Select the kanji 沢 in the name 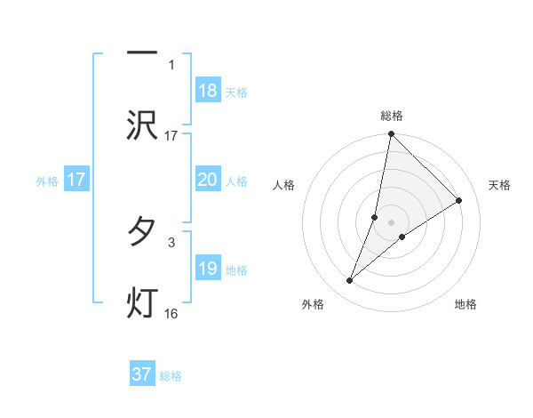pyautogui.click(x=142, y=125)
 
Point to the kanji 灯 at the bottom pyautogui.click(x=142, y=302)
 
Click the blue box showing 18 pyautogui.click(x=208, y=91)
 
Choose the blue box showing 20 pyautogui.click(x=208, y=180)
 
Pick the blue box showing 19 pyautogui.click(x=208, y=269)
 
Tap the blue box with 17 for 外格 pyautogui.click(x=76, y=180)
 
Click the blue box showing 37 pyautogui.click(x=142, y=374)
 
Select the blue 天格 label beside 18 pyautogui.click(x=236, y=92)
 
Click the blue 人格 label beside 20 pyautogui.click(x=236, y=181)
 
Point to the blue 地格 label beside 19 pyautogui.click(x=236, y=270)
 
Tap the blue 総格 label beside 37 pyautogui.click(x=171, y=376)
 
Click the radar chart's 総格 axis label pyautogui.click(x=392, y=116)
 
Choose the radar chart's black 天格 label pyautogui.click(x=500, y=185)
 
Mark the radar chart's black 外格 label pyautogui.click(x=313, y=304)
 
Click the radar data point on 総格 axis pyautogui.click(x=392, y=134)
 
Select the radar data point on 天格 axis pyautogui.click(x=459, y=201)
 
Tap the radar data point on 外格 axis pyautogui.click(x=350, y=281)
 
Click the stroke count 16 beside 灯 pyautogui.click(x=171, y=313)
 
